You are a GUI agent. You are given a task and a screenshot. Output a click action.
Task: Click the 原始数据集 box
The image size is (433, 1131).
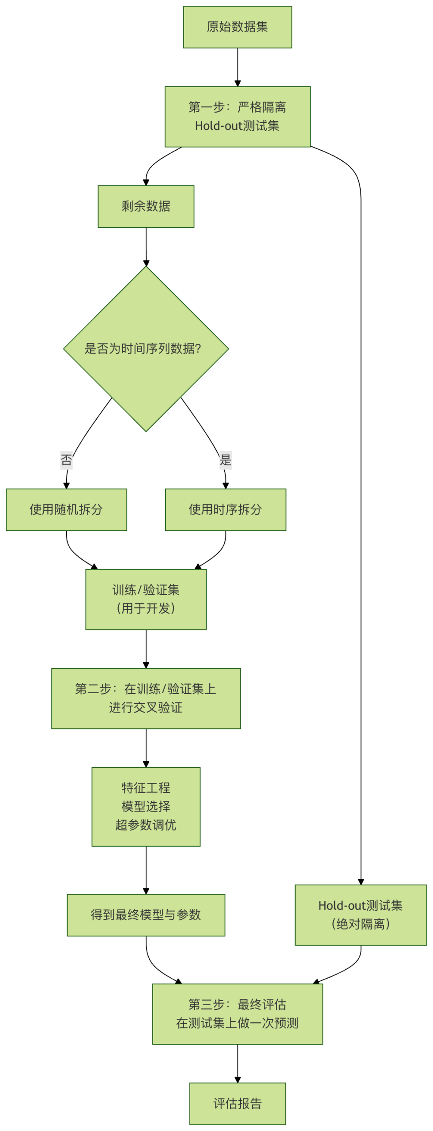237,27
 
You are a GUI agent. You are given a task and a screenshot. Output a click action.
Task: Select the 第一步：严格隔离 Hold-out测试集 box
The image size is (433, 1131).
237,116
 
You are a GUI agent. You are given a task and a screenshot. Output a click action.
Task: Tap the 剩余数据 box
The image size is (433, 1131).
146,206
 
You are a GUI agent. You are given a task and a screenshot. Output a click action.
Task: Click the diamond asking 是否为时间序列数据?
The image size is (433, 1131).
146,348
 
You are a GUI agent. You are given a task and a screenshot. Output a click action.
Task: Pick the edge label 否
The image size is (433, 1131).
66,460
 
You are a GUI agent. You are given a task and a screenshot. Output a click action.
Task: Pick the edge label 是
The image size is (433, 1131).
225,460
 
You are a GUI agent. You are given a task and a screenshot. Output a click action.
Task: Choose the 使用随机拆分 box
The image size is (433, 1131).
66,509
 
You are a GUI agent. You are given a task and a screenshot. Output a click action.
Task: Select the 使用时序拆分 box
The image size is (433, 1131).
225,509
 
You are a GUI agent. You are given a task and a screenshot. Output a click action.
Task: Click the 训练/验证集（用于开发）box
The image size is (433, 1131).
146,599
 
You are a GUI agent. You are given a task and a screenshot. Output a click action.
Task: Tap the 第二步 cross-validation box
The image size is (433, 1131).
146,698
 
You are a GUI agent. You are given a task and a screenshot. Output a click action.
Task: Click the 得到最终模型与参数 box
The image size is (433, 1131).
146,914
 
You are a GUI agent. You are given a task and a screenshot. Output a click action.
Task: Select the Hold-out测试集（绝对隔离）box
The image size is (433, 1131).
360,914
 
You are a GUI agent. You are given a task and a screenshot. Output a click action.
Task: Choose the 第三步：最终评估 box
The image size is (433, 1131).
237,1013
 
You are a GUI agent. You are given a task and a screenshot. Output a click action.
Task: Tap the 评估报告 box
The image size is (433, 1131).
237,1103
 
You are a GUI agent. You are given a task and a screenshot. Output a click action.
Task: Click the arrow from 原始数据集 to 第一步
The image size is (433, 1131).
237,66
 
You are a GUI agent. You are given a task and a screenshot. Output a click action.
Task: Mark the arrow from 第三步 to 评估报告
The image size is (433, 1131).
237,1063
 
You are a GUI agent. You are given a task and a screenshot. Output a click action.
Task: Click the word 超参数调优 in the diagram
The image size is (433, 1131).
146,824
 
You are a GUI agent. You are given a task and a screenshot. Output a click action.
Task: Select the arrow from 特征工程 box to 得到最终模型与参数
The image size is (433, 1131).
146,869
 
